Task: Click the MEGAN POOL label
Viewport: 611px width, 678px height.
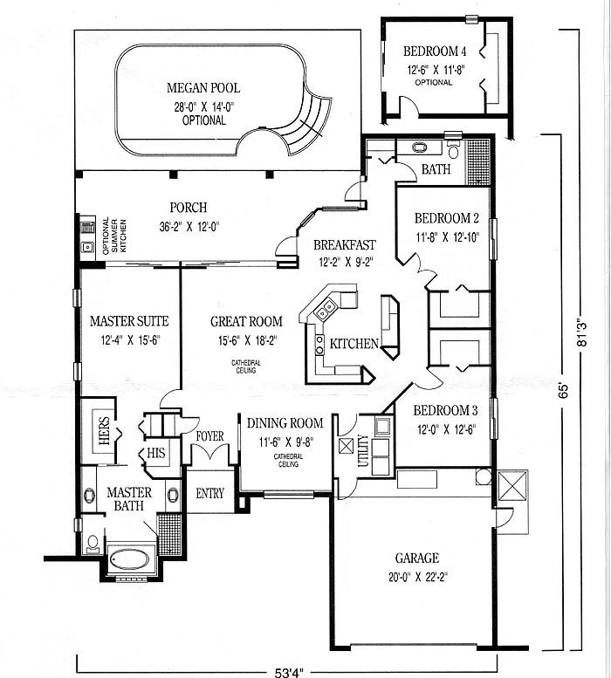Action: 203,88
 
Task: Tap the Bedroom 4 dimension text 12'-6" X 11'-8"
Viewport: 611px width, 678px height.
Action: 436,70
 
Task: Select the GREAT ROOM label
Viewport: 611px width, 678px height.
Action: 246,321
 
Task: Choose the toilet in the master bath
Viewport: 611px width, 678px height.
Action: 93,543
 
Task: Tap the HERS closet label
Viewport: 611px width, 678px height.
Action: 104,430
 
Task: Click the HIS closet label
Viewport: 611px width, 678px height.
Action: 155,453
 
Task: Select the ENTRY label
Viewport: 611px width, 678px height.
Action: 209,493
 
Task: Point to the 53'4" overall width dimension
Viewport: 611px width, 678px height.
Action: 289,672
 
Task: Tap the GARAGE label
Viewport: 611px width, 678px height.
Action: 417,558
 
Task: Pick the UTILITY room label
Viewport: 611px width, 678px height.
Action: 363,450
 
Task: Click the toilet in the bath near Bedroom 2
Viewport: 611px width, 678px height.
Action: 453,149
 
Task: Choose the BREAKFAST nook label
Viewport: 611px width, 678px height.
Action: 345,244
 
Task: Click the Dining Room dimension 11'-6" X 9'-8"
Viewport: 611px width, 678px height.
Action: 286,442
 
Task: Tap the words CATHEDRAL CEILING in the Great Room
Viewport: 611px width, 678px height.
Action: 245,366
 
